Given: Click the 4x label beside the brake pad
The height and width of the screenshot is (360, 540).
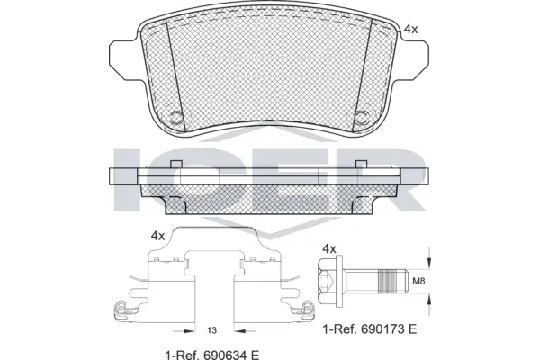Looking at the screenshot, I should (x=411, y=30).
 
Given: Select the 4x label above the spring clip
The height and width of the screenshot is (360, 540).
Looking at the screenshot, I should (x=157, y=235).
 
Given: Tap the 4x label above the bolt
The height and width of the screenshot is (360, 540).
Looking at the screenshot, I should (x=329, y=248).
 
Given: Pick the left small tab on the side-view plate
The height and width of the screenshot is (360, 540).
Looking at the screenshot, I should (x=176, y=163).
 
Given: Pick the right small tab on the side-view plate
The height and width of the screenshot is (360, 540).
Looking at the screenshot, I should (x=361, y=163).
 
